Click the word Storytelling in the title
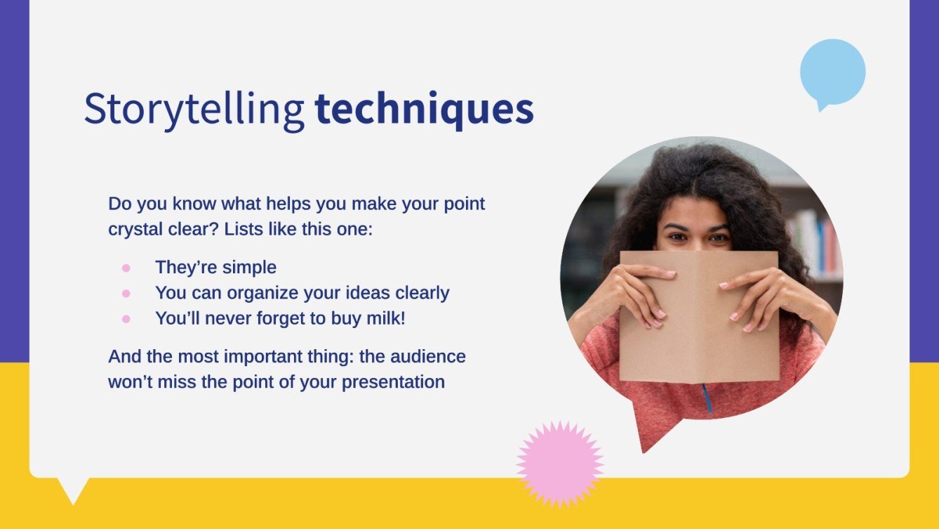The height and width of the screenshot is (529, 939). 194,110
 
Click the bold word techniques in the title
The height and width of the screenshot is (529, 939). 424,110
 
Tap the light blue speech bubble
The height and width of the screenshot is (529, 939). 832,72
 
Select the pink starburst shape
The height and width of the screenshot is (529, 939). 559,464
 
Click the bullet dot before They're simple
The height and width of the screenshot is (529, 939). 126,268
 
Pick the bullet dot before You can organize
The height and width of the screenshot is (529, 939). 126,293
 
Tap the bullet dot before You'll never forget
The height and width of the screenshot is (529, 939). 126,318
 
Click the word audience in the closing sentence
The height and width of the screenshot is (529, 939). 433,356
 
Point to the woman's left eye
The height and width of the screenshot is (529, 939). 718,238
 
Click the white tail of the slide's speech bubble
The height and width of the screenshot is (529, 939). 72,489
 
